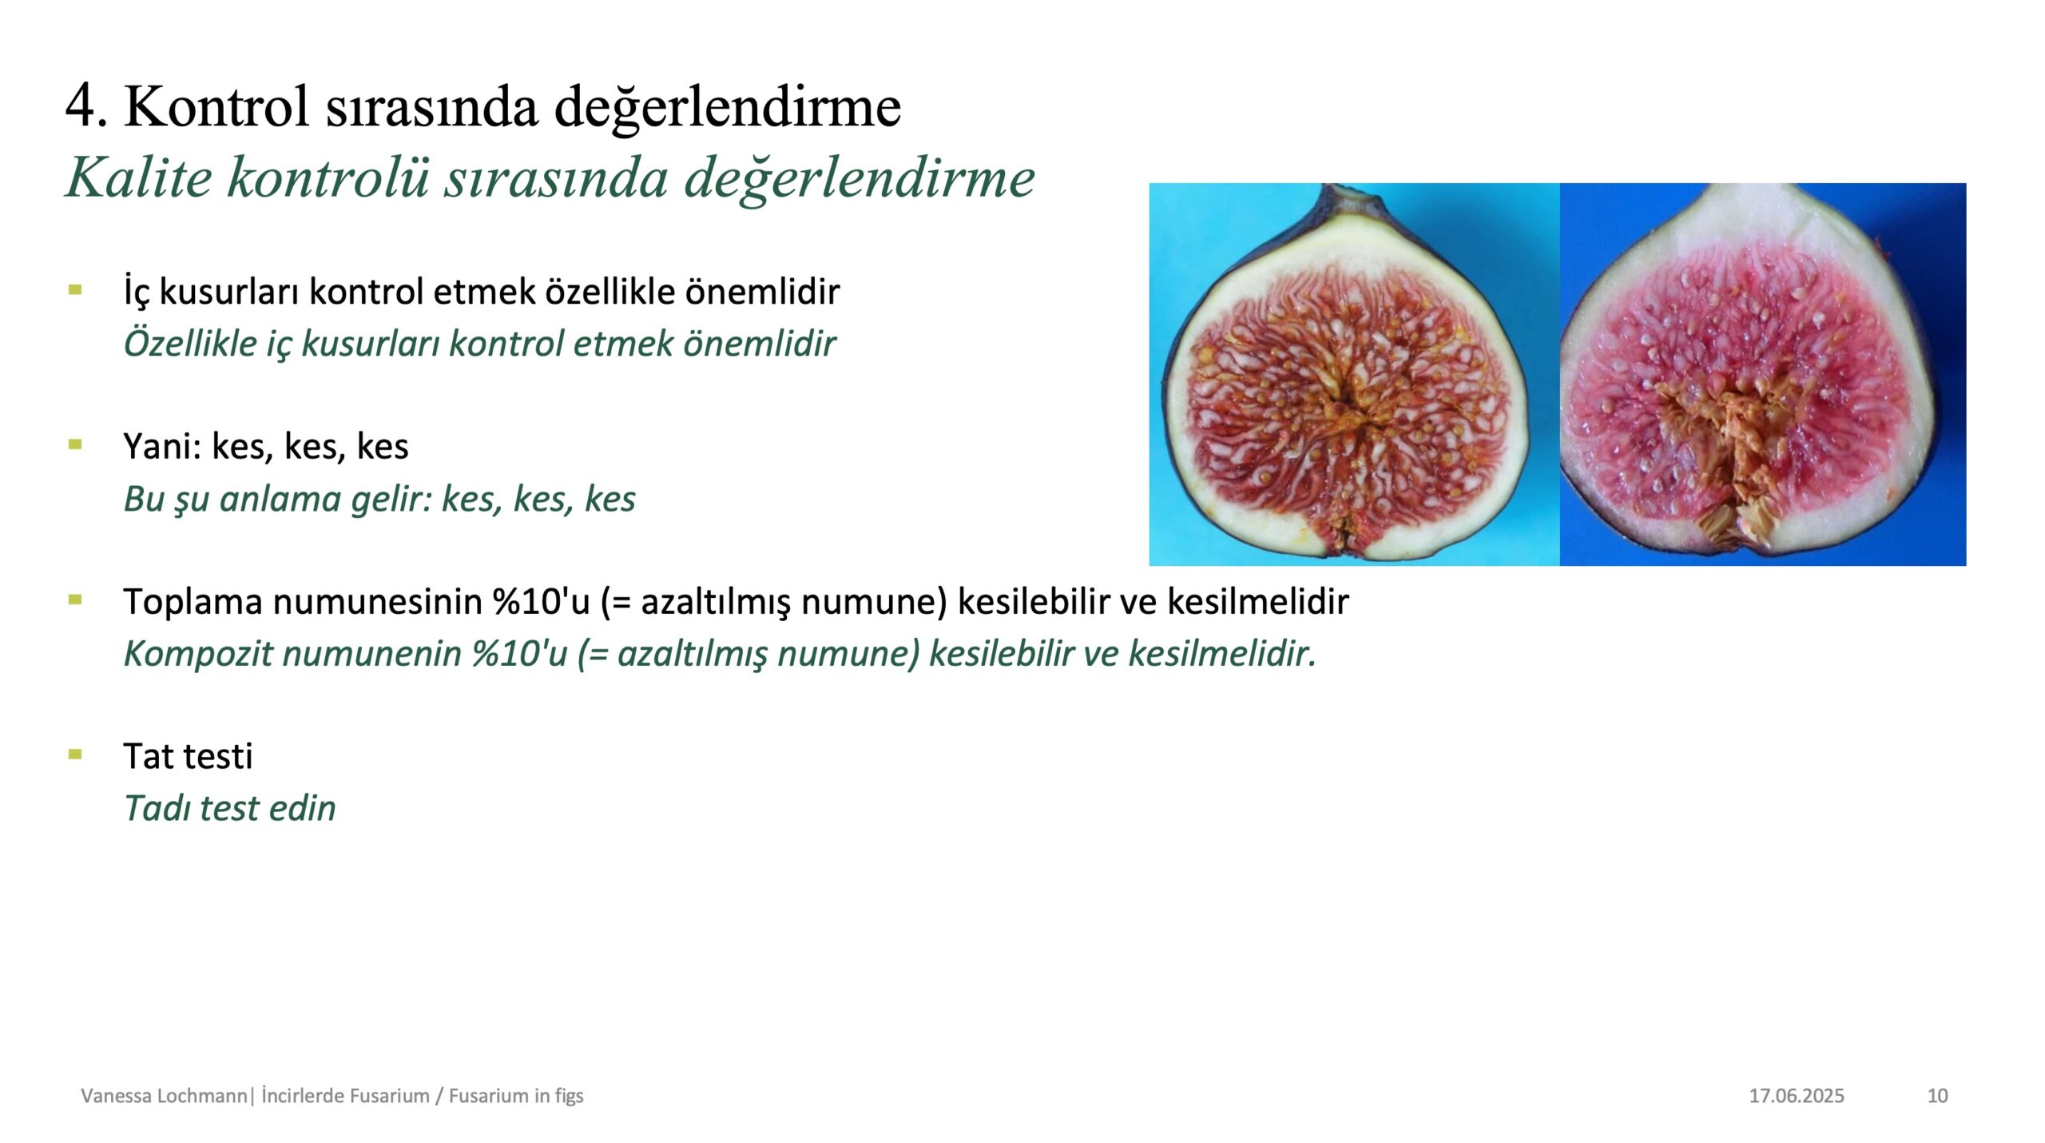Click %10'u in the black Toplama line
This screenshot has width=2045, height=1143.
point(541,601)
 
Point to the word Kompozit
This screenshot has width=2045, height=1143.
point(198,654)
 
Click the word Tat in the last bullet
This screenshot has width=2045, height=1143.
point(149,756)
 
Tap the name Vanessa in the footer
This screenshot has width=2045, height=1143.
point(115,1095)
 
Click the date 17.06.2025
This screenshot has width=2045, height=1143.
point(1797,1095)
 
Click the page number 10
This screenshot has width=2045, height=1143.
point(1937,1095)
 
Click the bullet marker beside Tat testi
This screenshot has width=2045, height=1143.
point(75,754)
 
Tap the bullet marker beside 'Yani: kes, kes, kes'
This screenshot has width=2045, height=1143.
point(75,444)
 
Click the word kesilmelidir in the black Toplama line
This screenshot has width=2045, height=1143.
point(1258,601)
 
